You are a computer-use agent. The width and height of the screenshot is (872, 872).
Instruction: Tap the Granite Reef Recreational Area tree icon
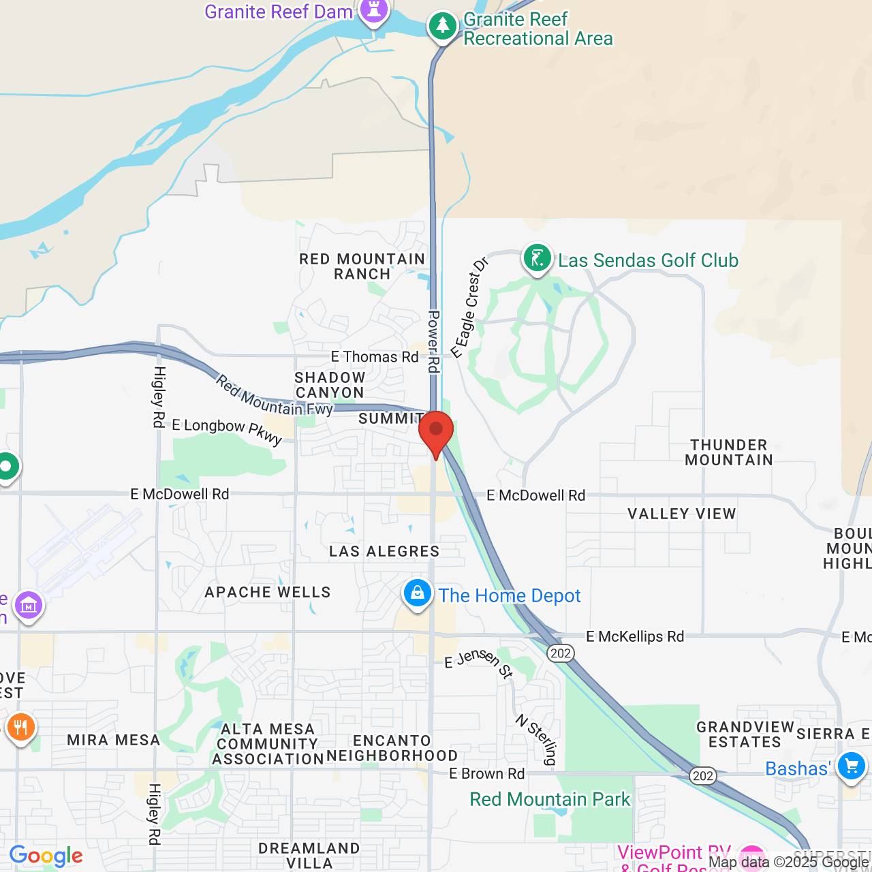pos(443,27)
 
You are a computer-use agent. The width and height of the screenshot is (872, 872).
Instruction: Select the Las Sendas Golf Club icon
pos(537,259)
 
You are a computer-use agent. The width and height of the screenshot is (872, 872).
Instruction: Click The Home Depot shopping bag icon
pos(417,593)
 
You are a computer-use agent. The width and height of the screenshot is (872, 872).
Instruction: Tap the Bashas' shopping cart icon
pos(851,766)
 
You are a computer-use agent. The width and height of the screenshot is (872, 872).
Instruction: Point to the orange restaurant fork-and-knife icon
pos(20,727)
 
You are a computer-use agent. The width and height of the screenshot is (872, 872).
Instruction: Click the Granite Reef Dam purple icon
pos(374,10)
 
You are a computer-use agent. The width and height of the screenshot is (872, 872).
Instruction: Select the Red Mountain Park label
pos(550,799)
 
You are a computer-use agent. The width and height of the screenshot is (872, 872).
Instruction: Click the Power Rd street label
pos(433,341)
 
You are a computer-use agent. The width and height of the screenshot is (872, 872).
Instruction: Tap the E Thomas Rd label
pos(375,357)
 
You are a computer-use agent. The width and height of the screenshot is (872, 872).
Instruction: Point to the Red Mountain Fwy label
pos(274,396)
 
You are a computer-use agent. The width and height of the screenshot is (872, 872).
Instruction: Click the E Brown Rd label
pos(486,774)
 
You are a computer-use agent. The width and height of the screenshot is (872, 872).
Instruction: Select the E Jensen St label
pos(478,663)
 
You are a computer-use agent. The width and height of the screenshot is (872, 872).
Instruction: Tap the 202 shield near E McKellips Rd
pos(560,653)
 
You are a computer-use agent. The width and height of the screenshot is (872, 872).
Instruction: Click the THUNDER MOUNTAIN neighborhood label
pos(729,452)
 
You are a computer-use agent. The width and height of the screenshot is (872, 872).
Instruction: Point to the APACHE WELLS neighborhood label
pos(268,592)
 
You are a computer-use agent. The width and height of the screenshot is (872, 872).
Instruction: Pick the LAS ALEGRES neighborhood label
pos(384,551)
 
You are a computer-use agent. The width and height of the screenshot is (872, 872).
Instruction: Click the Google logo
pos(46,856)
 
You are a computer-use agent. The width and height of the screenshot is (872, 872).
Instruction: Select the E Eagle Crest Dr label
pos(470,307)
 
